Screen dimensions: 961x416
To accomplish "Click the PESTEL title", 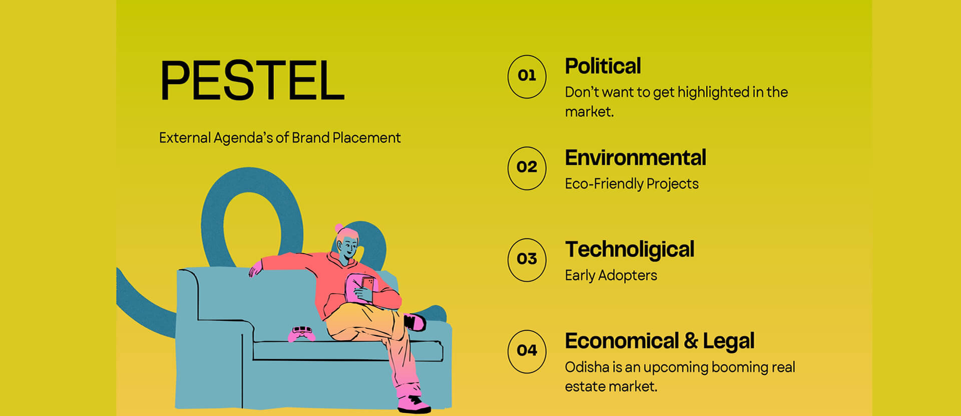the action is (252, 81).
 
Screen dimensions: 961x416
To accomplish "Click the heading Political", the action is (603, 66).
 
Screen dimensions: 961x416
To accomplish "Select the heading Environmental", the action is (635, 158).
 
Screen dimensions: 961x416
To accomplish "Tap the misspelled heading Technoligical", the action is (630, 250).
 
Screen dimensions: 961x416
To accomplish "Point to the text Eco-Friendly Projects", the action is (632, 184).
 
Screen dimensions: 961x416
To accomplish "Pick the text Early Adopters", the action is (611, 276).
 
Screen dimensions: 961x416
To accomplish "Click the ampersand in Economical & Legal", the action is (691, 341).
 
